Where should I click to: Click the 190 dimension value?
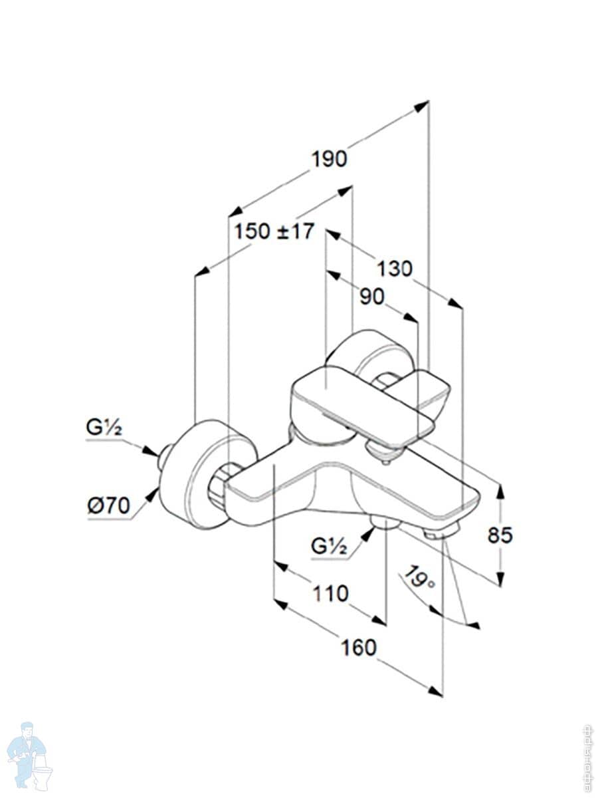coord(330,160)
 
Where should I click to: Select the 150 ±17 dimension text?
coord(274,231)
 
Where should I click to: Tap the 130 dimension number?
coord(395,269)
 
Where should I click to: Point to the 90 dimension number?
coord(372,297)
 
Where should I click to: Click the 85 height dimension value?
coord(500,535)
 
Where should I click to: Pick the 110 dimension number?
coord(330,593)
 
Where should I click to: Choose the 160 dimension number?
coord(359,647)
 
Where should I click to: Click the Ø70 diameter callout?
coord(108,505)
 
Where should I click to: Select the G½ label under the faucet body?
coord(329,547)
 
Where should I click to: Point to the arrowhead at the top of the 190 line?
coord(423,105)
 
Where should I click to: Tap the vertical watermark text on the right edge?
coord(587,758)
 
